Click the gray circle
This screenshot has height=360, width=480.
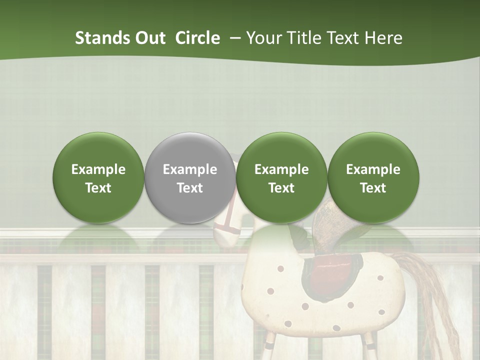click(x=190, y=177)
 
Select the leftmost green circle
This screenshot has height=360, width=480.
click(x=98, y=177)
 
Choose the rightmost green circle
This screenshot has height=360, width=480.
click(x=373, y=177)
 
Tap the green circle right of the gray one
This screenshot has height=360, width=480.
click(x=281, y=177)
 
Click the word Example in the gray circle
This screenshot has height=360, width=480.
click(x=190, y=169)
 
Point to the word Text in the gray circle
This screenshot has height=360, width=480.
click(x=190, y=188)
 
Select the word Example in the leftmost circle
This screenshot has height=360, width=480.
click(x=98, y=169)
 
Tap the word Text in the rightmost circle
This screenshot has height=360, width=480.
click(x=373, y=188)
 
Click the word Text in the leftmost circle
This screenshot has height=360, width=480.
click(x=98, y=188)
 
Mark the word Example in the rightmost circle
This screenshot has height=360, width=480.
click(x=373, y=169)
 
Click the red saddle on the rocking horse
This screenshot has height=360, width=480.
click(x=332, y=272)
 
